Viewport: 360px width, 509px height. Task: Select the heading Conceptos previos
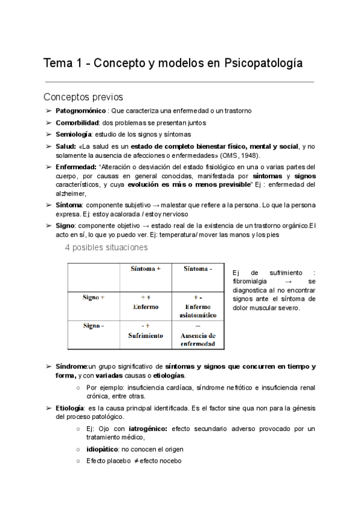tap(83, 96)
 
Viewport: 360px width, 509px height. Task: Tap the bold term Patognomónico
tap(81, 111)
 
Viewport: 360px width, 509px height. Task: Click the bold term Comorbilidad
tap(77, 122)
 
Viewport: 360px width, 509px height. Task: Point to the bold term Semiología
tap(73, 134)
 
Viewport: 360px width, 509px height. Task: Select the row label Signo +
tap(94, 297)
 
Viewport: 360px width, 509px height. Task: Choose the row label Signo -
tap(94, 326)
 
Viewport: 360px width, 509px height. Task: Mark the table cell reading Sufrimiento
tap(145, 336)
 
